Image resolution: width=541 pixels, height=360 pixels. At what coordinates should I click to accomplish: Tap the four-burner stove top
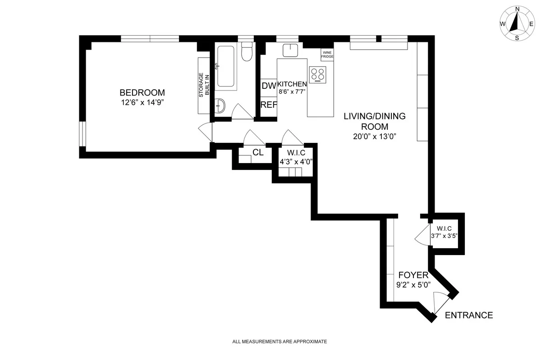(318, 74)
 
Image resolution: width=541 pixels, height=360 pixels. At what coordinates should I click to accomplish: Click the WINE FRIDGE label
(327, 55)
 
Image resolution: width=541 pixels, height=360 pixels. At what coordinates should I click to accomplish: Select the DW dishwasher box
(269, 86)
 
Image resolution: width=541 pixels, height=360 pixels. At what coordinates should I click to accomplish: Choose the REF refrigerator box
(269, 105)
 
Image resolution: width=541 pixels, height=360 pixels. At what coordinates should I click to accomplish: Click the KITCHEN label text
(292, 84)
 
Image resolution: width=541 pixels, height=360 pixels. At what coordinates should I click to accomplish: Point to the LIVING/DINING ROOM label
(375, 121)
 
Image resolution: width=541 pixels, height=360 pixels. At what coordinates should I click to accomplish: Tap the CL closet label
(258, 152)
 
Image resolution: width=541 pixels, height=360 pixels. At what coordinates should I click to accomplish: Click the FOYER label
(413, 274)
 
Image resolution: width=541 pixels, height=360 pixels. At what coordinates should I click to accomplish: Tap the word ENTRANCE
(469, 315)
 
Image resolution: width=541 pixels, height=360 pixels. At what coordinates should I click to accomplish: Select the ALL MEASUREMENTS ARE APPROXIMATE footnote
(280, 342)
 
